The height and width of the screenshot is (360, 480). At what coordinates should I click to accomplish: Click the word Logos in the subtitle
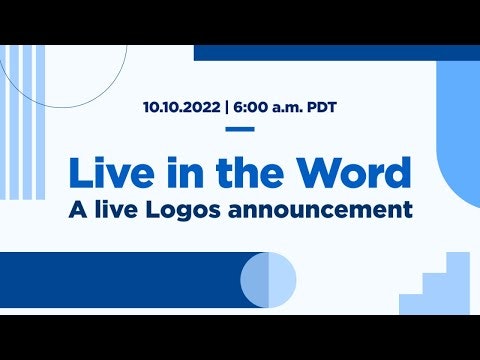(206, 211)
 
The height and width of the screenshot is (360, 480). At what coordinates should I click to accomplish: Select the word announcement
(330, 211)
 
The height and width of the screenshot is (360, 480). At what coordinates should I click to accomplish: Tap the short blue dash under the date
(240, 129)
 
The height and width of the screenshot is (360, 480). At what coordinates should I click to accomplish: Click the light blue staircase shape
(440, 290)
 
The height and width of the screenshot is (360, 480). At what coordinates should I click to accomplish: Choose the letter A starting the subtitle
(77, 211)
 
